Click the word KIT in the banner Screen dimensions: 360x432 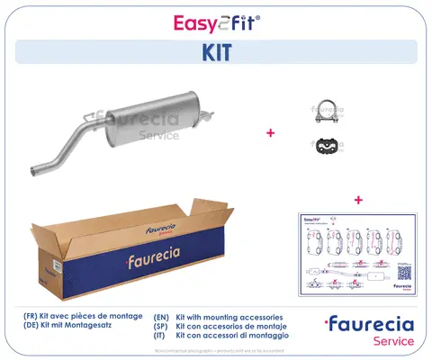[x=215, y=52]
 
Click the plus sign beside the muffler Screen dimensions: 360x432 [x=269, y=132]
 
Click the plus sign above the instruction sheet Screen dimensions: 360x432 [x=357, y=199]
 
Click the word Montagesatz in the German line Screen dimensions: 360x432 [x=101, y=327]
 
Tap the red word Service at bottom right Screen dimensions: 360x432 [x=393, y=341]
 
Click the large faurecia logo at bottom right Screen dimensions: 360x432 [x=370, y=324]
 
